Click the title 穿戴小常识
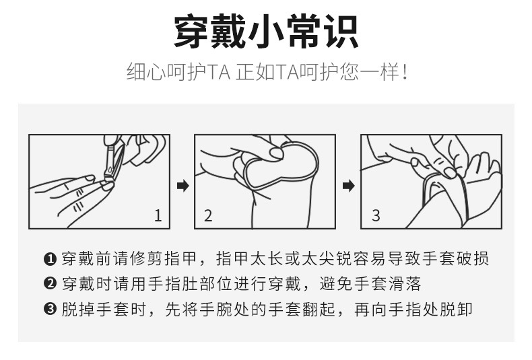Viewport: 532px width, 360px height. (266, 32)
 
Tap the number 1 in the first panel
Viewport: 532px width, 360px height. (158, 215)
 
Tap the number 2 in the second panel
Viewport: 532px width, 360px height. (208, 215)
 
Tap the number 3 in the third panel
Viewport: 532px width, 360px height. (376, 215)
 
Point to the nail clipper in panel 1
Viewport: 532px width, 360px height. (110, 158)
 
